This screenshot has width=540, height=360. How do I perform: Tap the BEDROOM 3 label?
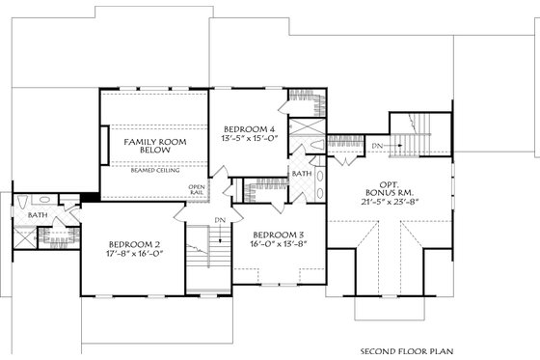280,234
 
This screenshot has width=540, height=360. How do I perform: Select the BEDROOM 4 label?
250,129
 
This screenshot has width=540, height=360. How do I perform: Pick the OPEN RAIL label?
197,189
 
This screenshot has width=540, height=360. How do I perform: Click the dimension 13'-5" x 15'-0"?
250,140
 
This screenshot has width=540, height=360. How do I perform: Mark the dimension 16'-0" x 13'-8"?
280,244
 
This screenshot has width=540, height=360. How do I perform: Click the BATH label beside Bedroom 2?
38,214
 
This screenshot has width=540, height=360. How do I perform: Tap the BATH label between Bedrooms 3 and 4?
302,174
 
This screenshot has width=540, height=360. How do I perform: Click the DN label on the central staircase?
220,220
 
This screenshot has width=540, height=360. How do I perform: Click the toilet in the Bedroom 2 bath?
20,203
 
